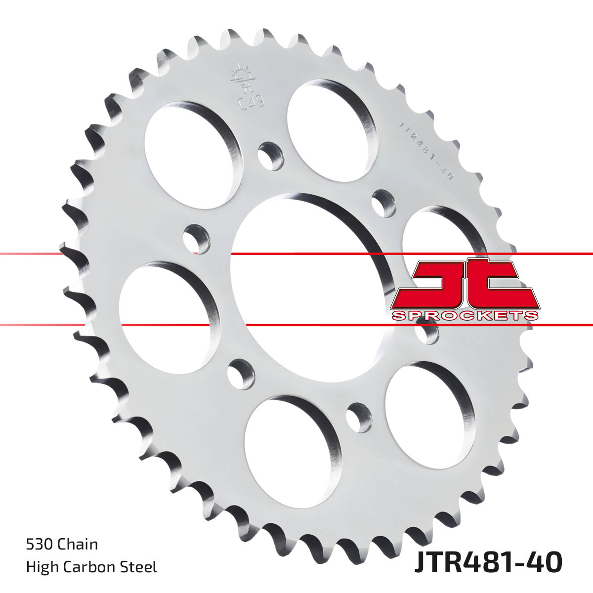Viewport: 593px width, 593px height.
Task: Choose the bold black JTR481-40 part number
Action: tap(488, 562)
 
